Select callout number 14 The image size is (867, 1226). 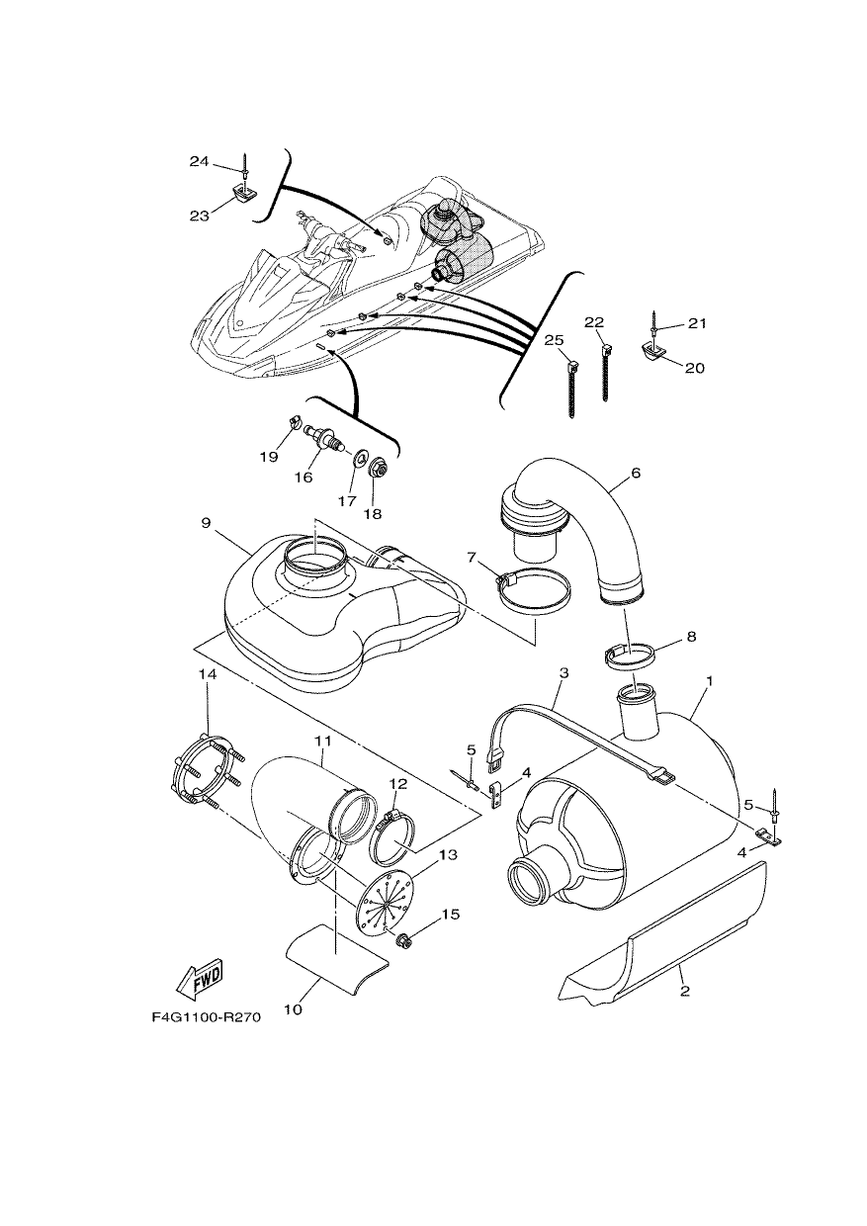[x=209, y=675]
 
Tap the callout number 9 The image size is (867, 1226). [x=206, y=523]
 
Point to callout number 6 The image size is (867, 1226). [x=636, y=473]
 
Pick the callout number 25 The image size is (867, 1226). [x=554, y=340]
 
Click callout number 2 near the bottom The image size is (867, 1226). [x=685, y=990]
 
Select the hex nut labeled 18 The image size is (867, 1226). [x=376, y=469]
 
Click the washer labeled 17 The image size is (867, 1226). [x=359, y=457]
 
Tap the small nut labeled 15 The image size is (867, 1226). [x=405, y=941]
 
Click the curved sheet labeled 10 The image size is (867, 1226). [x=335, y=955]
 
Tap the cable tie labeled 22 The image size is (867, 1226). [x=605, y=371]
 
